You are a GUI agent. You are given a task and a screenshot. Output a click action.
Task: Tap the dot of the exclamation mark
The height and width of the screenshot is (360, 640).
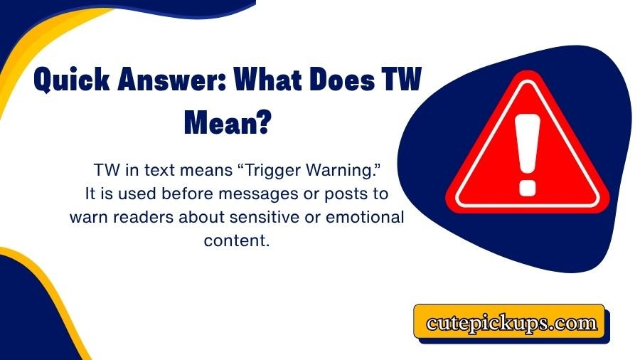click(x=527, y=186)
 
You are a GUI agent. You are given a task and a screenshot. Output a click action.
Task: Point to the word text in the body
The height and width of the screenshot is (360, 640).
click(x=144, y=171)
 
